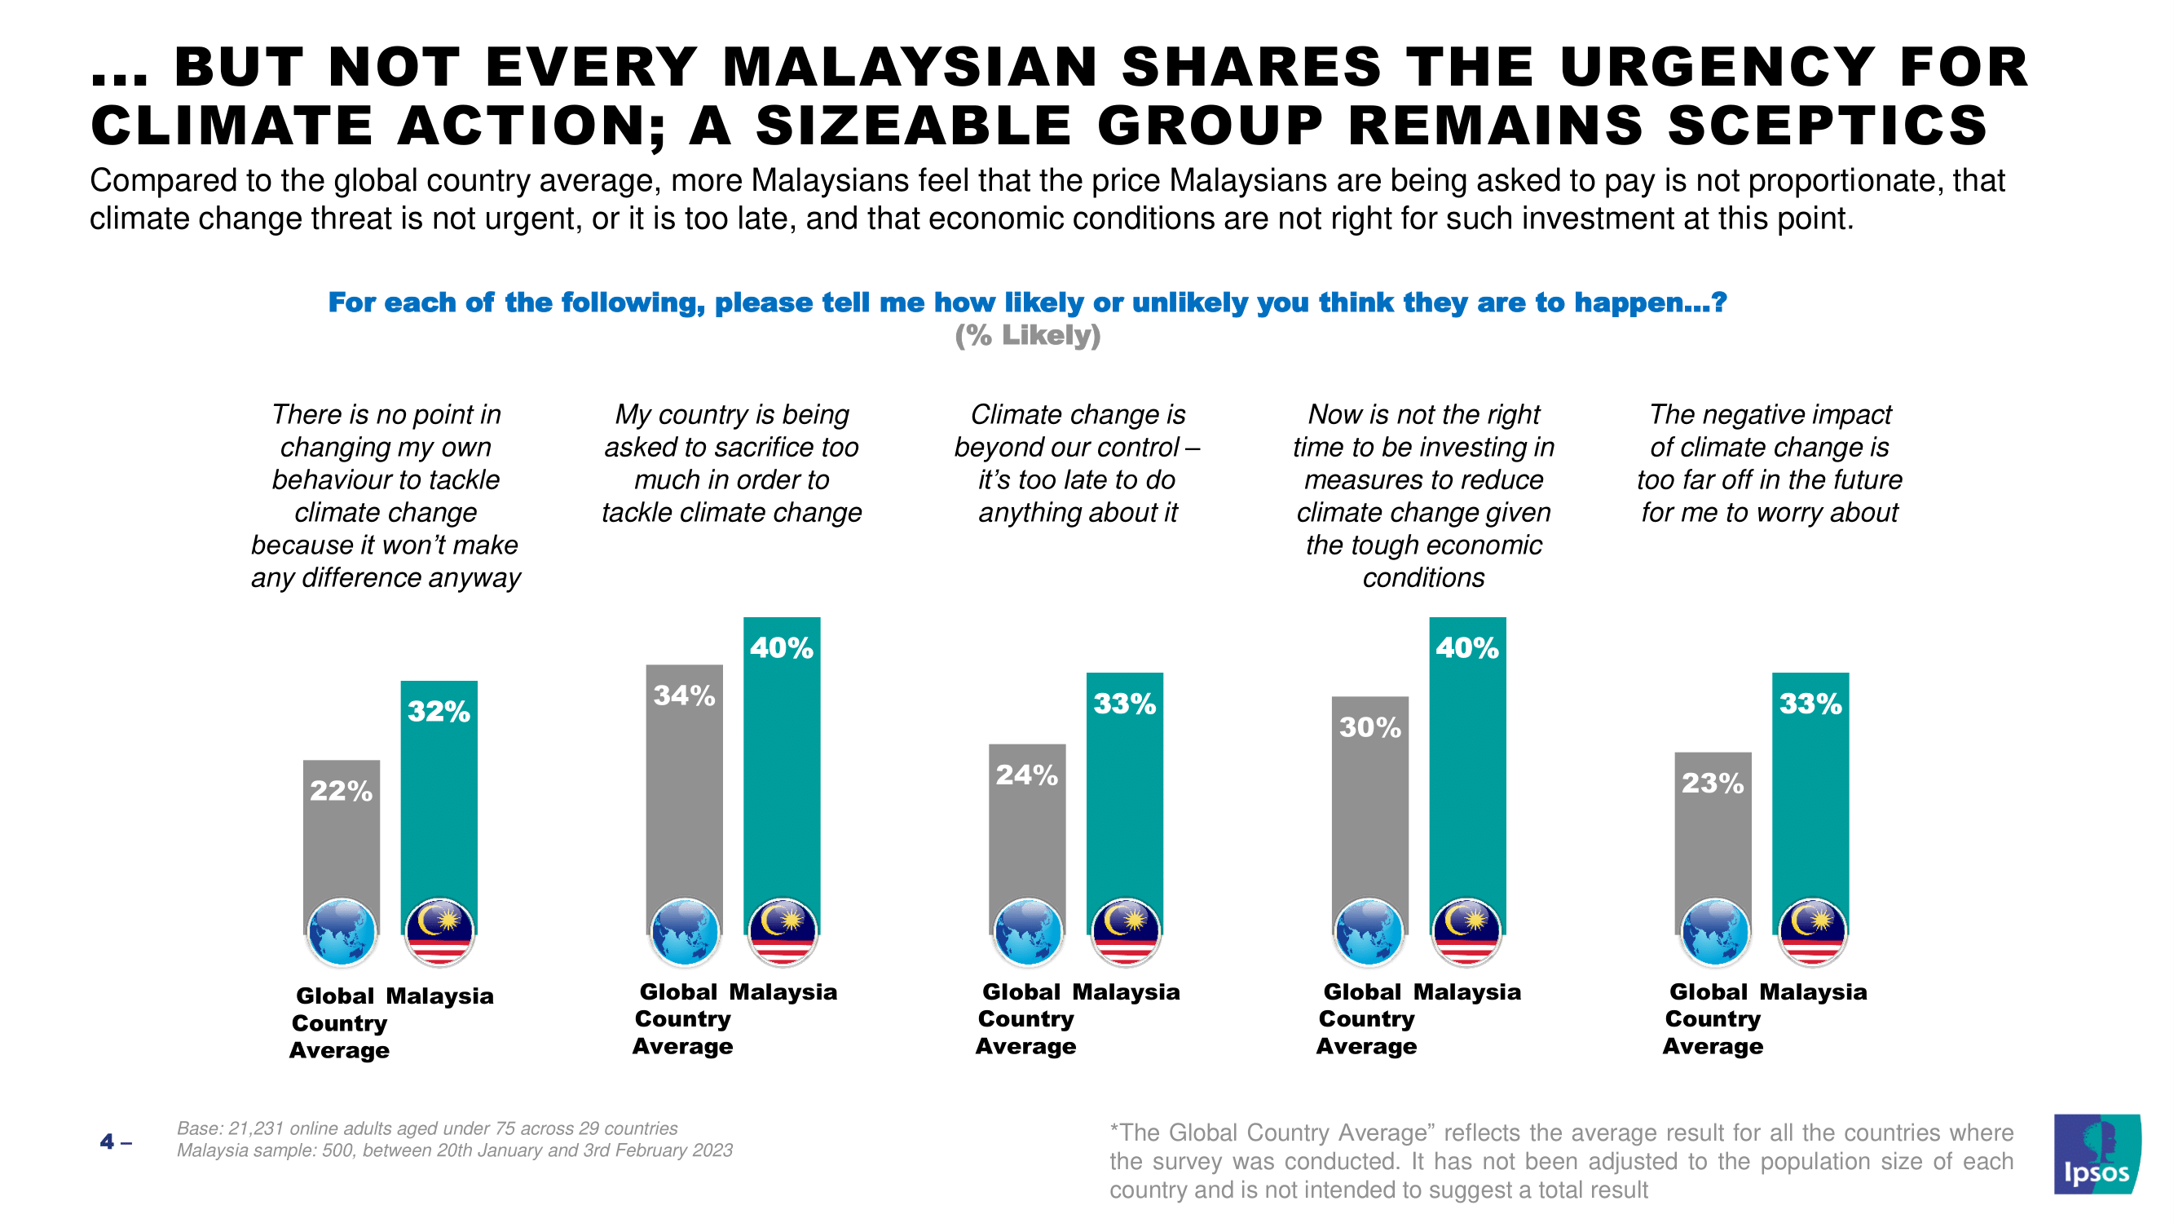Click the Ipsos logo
(x=2096, y=1154)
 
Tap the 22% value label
(x=341, y=791)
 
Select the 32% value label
(x=439, y=712)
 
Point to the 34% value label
(x=685, y=695)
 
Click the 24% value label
(x=1027, y=775)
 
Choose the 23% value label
(x=1713, y=784)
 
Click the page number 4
(x=107, y=1143)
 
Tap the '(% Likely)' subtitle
(x=1028, y=335)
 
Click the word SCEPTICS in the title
(x=1828, y=126)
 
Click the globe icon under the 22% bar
(x=342, y=933)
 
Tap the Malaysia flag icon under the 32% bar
(x=439, y=933)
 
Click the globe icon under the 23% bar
(x=1714, y=933)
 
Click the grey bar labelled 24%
(x=1027, y=844)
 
